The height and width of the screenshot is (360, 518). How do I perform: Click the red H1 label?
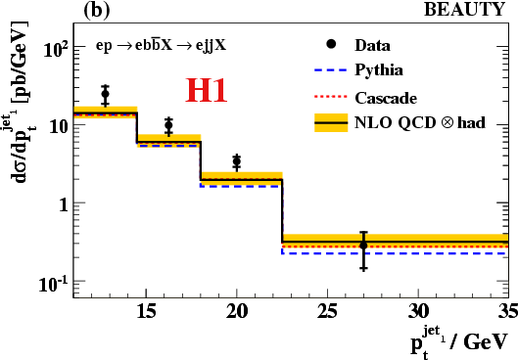[207, 90]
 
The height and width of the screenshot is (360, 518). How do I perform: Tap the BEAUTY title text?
[464, 9]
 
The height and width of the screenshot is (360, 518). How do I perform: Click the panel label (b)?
[96, 10]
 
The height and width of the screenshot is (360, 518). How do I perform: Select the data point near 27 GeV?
[363, 246]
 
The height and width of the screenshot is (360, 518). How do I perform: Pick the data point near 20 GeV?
[237, 161]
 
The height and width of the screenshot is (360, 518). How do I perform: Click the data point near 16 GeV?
[168, 125]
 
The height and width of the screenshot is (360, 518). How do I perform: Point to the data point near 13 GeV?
[105, 94]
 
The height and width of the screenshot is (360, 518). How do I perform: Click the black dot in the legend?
[331, 44]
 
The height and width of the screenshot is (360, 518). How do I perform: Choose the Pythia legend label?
[379, 70]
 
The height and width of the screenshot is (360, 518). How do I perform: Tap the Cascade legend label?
[386, 98]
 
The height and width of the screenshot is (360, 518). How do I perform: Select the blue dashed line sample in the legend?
[331, 70]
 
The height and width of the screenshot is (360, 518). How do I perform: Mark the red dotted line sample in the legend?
[331, 97]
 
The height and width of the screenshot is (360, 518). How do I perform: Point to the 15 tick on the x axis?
[146, 311]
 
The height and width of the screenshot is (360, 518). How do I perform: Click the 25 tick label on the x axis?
[327, 311]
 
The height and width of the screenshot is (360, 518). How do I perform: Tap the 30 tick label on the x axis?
[418, 311]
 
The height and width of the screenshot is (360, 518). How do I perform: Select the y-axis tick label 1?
[64, 204]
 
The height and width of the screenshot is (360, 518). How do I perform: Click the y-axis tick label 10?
[59, 126]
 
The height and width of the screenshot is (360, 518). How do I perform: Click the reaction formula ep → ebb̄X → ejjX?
[161, 45]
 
